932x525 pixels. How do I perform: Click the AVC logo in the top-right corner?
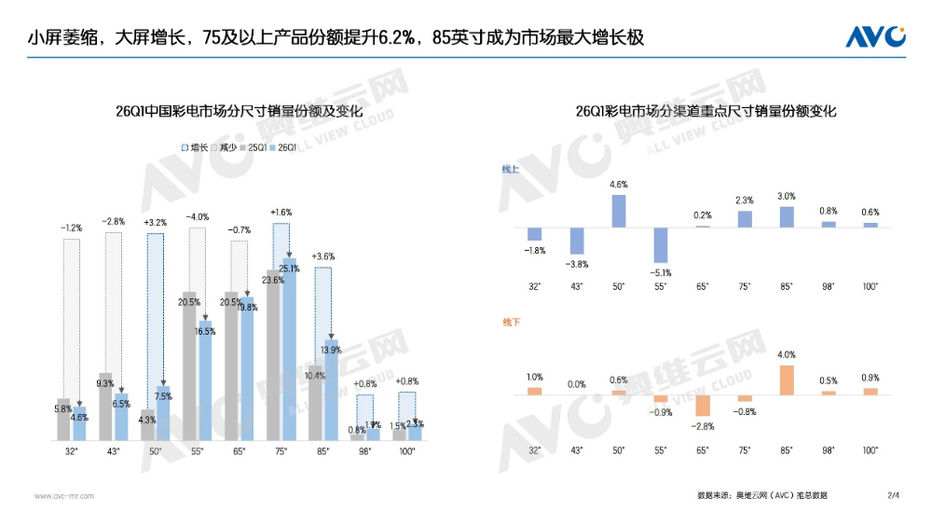[875, 36]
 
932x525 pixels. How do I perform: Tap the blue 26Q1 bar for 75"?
[290, 350]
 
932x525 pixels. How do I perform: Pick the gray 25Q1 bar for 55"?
[190, 366]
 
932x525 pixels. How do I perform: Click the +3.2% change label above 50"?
[155, 223]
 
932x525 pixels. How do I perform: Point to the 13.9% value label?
[329, 350]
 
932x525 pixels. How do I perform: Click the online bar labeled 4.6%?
[619, 211]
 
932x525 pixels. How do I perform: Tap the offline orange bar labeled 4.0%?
[787, 380]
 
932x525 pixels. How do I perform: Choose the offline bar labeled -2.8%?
[703, 406]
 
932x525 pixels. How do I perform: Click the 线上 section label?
[511, 169]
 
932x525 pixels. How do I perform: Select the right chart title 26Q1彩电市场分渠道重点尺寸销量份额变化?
[706, 110]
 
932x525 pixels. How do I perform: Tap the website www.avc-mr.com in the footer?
[64, 496]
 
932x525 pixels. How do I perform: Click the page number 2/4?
[893, 495]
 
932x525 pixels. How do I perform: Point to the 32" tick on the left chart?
[72, 451]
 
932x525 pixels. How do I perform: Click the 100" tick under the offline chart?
[870, 450]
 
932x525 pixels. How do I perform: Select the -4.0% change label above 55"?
[197, 216]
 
